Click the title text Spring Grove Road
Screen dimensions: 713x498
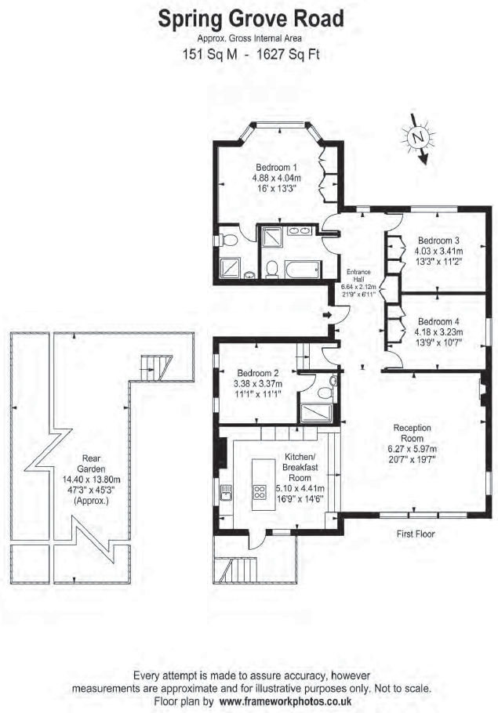(x=250, y=19)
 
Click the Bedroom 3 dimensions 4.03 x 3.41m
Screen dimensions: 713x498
(x=438, y=252)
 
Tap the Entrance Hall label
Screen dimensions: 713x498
(x=360, y=276)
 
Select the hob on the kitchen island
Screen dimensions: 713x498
(x=259, y=492)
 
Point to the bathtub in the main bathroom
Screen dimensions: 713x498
(x=298, y=270)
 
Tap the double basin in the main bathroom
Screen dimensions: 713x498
(x=297, y=232)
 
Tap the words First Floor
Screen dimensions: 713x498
(x=415, y=534)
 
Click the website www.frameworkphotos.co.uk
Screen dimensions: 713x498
(x=286, y=702)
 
